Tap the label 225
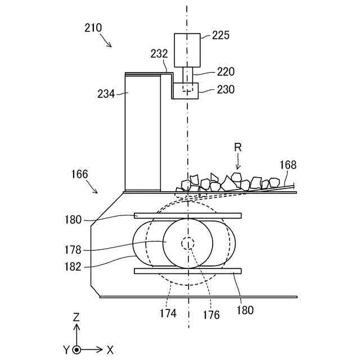click(x=222, y=35)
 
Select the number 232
click(x=159, y=54)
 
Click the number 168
click(x=287, y=165)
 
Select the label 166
click(x=79, y=174)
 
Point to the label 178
click(x=73, y=250)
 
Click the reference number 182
click(x=73, y=267)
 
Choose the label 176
click(x=211, y=316)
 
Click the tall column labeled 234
click(x=142, y=132)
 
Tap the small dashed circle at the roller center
click(x=187, y=244)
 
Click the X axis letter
click(x=110, y=350)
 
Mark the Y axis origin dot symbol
click(x=76, y=349)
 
